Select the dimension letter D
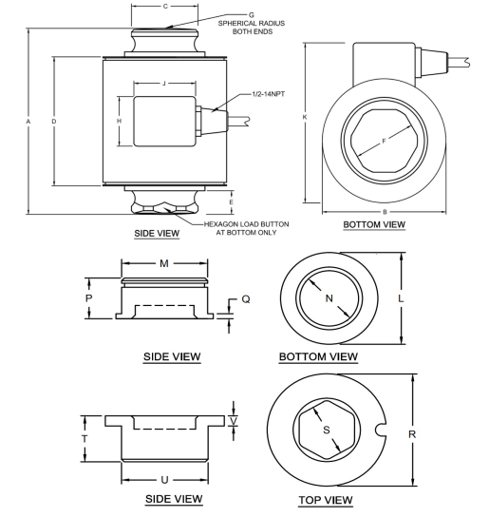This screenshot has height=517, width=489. tap(53, 121)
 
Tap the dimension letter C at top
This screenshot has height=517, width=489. tap(166, 7)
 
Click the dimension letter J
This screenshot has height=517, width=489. tap(163, 84)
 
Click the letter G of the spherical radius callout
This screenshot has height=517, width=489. tap(252, 15)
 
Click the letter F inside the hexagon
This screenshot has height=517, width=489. tap(383, 143)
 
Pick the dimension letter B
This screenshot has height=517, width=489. tap(383, 211)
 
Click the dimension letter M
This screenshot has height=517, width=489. tap(165, 263)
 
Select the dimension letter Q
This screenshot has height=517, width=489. tap(245, 298)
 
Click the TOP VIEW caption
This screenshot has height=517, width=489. tap(326, 499)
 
